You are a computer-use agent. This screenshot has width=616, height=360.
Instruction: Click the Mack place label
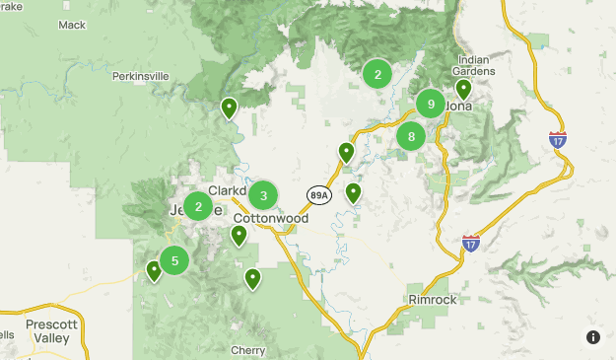pyautogui.click(x=73, y=25)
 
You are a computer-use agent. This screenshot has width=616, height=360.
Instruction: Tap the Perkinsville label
pyautogui.click(x=140, y=76)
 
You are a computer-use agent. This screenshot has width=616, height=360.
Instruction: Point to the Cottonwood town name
pyautogui.click(x=271, y=218)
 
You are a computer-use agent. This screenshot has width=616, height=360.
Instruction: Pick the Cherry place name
pyautogui.click(x=247, y=350)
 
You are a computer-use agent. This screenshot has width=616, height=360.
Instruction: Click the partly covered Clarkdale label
pyautogui.click(x=227, y=190)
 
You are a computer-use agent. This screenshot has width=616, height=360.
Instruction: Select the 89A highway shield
pyautogui.click(x=318, y=195)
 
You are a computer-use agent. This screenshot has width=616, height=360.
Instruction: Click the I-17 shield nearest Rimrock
pyautogui.click(x=471, y=242)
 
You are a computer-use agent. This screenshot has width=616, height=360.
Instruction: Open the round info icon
pyautogui.click(x=593, y=337)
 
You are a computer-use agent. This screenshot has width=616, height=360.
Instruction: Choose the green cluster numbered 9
pyautogui.click(x=431, y=103)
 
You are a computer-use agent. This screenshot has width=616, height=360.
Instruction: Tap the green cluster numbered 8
pyautogui.click(x=411, y=137)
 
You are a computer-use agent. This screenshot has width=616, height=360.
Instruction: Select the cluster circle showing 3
pyautogui.click(x=263, y=195)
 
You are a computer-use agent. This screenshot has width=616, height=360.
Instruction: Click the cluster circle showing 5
pyautogui.click(x=174, y=260)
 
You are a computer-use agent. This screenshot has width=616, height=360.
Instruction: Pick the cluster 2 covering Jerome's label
pyautogui.click(x=198, y=206)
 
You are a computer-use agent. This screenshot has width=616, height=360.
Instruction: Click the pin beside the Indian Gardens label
pyautogui.click(x=463, y=89)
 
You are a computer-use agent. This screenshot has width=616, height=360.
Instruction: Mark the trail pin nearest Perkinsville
pyautogui.click(x=229, y=107)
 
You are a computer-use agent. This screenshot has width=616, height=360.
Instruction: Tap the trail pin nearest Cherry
pyautogui.click(x=252, y=278)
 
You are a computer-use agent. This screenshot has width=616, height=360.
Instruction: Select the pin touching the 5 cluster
pyautogui.click(x=154, y=270)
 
